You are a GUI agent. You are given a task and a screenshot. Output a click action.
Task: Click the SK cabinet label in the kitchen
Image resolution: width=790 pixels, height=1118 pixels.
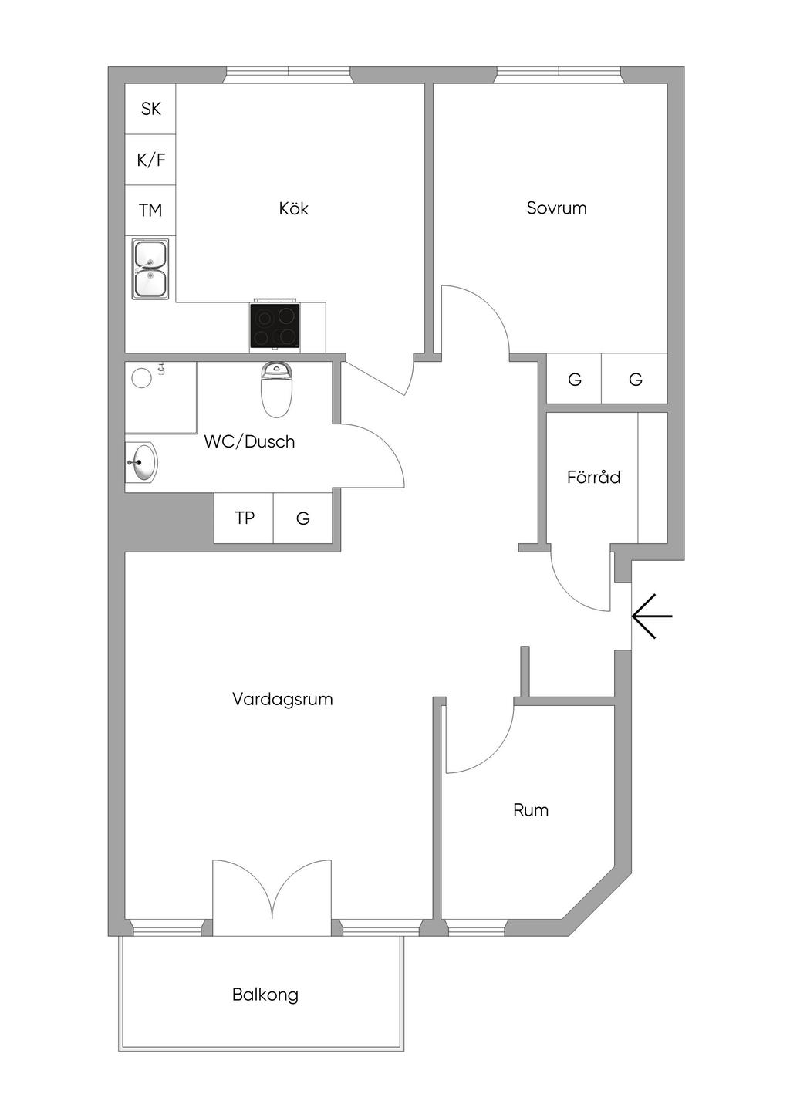tap(150, 109)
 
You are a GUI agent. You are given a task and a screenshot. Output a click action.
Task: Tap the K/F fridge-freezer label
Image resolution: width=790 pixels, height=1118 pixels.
tap(150, 160)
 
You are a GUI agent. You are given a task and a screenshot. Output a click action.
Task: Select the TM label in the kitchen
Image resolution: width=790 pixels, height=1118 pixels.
tap(150, 210)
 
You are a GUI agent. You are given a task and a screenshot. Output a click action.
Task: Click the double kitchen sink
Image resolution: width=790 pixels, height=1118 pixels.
tap(150, 269)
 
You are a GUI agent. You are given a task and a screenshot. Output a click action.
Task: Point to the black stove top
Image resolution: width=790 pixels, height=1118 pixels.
tap(275, 326)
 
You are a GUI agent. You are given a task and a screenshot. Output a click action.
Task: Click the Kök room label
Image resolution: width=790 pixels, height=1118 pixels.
tap(294, 208)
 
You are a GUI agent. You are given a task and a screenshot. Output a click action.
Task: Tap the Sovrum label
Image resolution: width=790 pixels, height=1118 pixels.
tap(556, 208)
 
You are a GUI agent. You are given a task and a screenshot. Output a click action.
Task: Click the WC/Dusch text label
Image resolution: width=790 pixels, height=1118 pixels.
tap(249, 441)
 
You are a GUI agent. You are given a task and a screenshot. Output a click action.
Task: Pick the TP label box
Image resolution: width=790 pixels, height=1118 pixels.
tap(245, 518)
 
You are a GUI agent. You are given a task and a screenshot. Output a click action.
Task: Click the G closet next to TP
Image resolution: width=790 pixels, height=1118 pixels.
tap(303, 518)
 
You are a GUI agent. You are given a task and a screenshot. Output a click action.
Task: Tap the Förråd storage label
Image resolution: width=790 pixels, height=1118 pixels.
tap(593, 477)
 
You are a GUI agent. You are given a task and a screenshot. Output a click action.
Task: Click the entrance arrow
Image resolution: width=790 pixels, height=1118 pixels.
tap(652, 616)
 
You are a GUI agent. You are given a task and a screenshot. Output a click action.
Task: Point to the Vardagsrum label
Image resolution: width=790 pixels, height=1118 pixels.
tap(282, 699)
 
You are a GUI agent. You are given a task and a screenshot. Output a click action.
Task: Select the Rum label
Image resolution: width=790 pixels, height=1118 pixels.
tap(531, 809)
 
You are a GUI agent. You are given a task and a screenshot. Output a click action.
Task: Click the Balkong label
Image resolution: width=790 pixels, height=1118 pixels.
tap(265, 995)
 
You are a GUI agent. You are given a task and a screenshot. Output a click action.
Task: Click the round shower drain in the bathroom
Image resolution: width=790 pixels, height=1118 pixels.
tap(142, 377)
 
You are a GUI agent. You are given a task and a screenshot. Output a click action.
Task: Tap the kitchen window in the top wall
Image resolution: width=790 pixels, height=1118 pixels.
tap(288, 75)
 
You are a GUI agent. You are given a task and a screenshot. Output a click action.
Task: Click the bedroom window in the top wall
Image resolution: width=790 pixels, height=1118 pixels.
tap(558, 75)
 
